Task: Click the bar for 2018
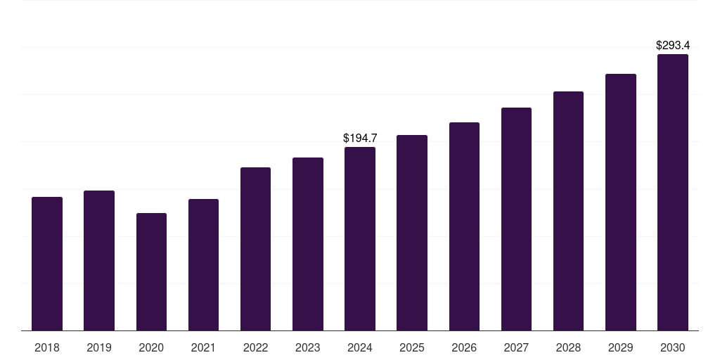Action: [47, 264]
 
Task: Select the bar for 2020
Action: [151, 271]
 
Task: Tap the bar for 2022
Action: [255, 249]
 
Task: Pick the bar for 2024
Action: [360, 239]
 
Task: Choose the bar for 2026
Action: [464, 226]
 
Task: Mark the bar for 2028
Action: [568, 211]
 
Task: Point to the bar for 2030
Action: [673, 193]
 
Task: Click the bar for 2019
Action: [99, 260]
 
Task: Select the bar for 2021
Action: [203, 264]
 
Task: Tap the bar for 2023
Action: [308, 244]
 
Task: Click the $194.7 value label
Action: [360, 139]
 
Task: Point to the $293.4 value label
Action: [673, 46]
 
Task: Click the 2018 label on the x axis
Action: [47, 347]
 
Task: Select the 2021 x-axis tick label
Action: [203, 347]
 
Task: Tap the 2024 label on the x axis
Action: [360, 347]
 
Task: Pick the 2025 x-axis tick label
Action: [412, 347]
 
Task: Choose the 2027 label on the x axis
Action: [516, 347]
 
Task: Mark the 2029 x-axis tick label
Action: [621, 347]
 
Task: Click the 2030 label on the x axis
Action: [673, 347]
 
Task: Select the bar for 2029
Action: [621, 202]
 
